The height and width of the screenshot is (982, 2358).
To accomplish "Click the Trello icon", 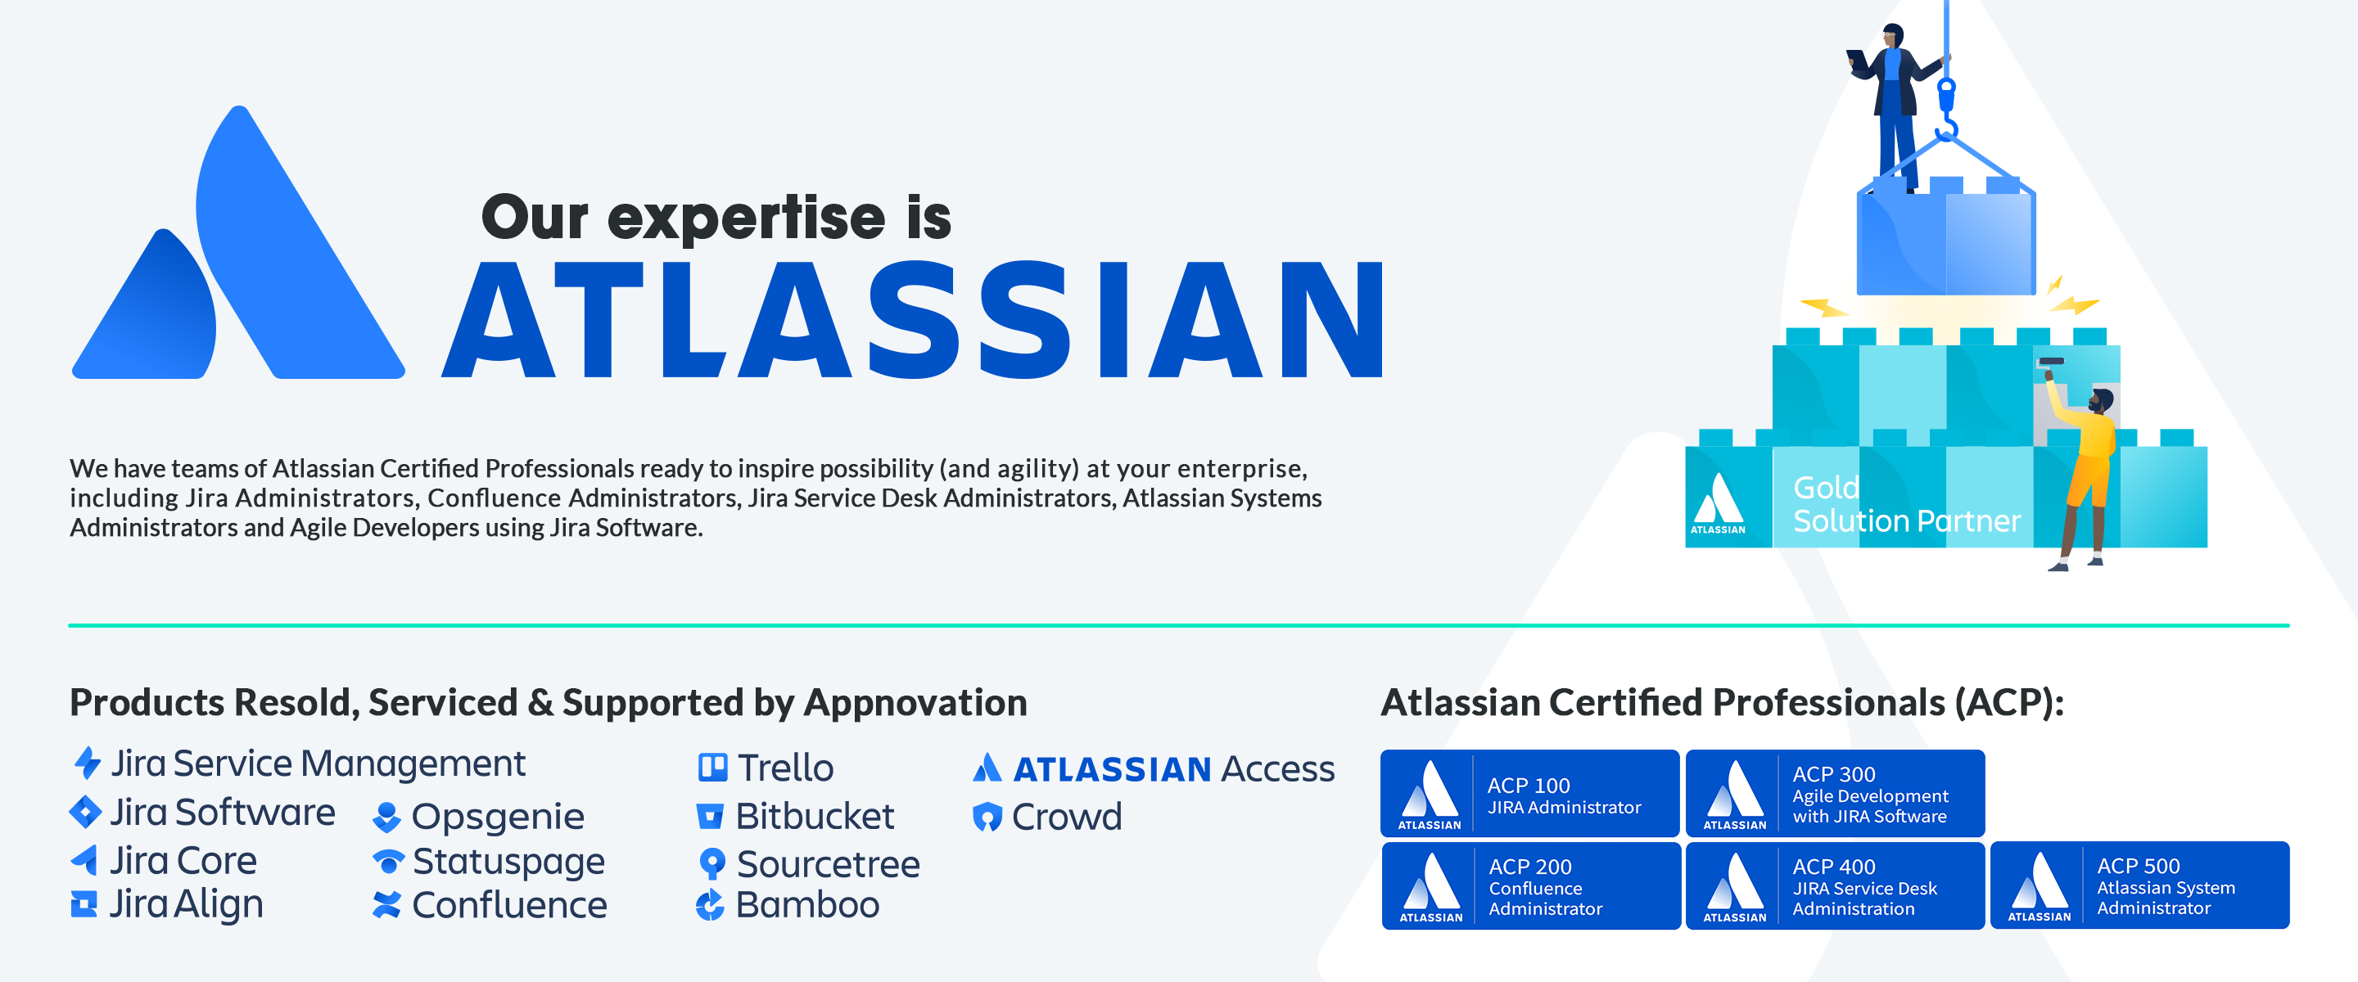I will (712, 767).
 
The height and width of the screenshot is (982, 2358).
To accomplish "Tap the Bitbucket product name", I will (815, 817).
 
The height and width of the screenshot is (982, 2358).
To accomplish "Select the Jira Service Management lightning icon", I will (87, 763).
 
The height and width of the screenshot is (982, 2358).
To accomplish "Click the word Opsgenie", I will (497, 817).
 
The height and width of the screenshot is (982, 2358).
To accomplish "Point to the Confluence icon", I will (387, 904).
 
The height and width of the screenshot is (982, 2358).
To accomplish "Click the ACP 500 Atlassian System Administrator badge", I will (2139, 885).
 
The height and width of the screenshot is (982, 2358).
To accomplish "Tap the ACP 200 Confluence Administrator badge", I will (1530, 885).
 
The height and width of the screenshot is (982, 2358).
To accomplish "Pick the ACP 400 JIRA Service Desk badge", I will (1834, 885).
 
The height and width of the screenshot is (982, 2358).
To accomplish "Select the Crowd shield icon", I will (987, 817).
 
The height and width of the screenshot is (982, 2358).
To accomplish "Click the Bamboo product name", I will (807, 905).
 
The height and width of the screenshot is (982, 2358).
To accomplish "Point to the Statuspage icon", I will (388, 861).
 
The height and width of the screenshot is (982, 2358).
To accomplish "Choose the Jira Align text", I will (186, 904).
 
